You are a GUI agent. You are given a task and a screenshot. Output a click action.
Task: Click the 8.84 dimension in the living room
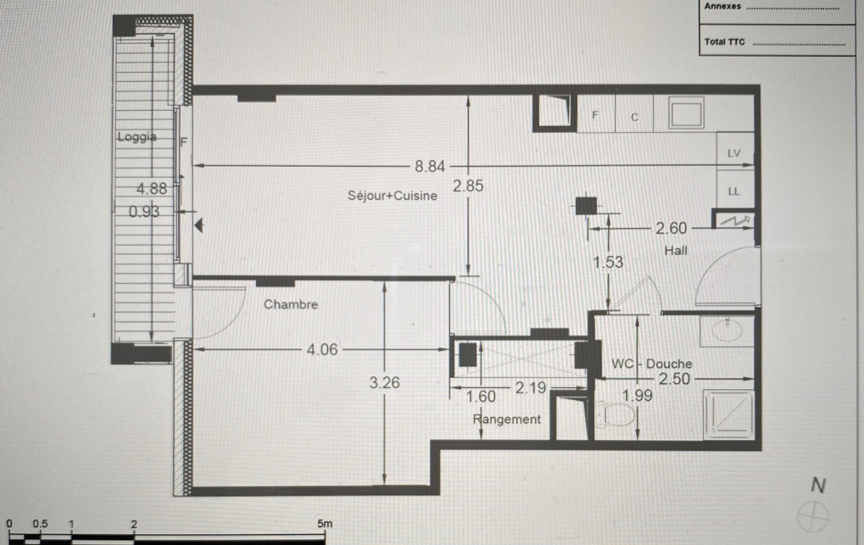[x=430, y=166]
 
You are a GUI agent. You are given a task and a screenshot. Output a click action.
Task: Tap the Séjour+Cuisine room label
[x=392, y=196]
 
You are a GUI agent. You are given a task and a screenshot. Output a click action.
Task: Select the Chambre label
[x=291, y=304]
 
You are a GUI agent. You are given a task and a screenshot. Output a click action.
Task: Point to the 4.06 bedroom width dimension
[x=322, y=349]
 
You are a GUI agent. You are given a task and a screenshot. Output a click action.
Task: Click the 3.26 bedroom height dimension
[x=384, y=382]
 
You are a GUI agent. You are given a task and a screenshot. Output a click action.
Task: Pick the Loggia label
[x=137, y=137]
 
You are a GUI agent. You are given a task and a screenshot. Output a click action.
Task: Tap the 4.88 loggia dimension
[x=152, y=189]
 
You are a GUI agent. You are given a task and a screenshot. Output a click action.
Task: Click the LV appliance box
[x=735, y=151]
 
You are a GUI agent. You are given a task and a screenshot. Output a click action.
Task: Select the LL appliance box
[x=735, y=190]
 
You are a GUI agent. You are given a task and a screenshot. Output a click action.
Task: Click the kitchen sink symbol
[x=686, y=113]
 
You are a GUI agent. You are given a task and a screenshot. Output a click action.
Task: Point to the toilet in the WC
[x=615, y=415]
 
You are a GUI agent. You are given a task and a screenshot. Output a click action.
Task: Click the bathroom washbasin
[x=727, y=331]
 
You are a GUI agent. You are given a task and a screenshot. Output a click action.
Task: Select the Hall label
[x=676, y=251]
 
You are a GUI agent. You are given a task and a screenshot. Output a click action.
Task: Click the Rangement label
[x=507, y=419]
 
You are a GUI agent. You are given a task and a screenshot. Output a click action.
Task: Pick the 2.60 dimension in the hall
[x=671, y=228]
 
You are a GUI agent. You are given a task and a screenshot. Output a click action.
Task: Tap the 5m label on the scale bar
[x=325, y=523]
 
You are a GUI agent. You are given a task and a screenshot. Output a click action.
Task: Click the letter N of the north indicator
[x=818, y=485]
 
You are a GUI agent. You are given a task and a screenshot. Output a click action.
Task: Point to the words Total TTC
[x=724, y=42]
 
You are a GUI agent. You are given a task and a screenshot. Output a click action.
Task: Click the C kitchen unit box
[x=634, y=114]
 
